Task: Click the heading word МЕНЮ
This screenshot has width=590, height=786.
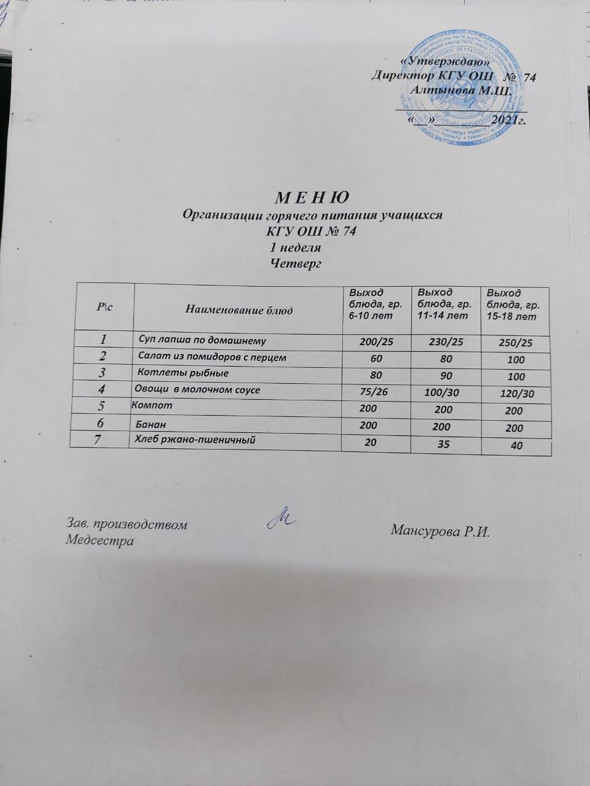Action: point(311,199)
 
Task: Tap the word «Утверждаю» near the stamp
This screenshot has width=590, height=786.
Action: point(444,61)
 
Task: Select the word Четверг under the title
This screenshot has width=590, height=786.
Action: point(297,264)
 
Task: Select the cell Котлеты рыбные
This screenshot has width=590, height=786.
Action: point(184,373)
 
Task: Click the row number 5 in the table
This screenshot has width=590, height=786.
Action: point(102,406)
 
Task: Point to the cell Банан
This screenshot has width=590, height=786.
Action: point(151,424)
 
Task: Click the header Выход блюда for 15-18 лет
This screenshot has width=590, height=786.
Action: point(511,305)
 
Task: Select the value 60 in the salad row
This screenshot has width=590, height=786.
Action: point(376,359)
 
